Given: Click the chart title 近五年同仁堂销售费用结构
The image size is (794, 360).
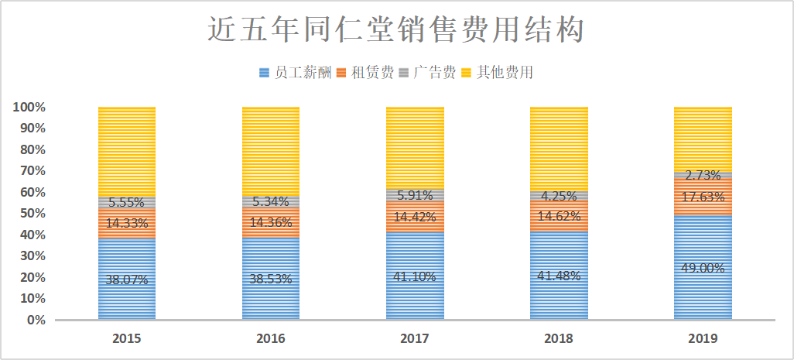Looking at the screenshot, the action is (x=396, y=29).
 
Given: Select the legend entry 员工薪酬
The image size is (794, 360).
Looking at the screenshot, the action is (x=296, y=73).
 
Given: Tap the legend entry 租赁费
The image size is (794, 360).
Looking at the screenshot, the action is (x=365, y=73).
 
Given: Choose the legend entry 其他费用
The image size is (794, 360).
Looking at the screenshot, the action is (x=498, y=73).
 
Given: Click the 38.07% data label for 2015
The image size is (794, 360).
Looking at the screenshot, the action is (x=127, y=279).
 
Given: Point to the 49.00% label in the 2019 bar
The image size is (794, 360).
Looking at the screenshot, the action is (x=703, y=268).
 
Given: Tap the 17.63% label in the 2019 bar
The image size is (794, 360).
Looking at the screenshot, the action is (x=703, y=197).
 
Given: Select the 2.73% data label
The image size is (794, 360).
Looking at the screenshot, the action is (x=703, y=176).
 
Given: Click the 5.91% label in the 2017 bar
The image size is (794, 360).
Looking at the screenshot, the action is (x=415, y=195).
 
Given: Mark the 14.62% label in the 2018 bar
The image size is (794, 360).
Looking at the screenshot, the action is (x=559, y=216).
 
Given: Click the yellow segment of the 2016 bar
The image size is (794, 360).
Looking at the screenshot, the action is (x=271, y=152).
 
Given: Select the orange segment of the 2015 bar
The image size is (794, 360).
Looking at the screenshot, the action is (x=127, y=223).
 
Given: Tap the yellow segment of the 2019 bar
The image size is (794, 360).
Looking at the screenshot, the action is (x=703, y=139).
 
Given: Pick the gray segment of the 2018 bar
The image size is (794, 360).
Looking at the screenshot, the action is (x=559, y=196).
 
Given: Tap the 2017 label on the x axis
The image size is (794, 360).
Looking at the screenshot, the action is (x=415, y=338).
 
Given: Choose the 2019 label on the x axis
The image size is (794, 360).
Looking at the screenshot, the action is (x=703, y=338).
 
